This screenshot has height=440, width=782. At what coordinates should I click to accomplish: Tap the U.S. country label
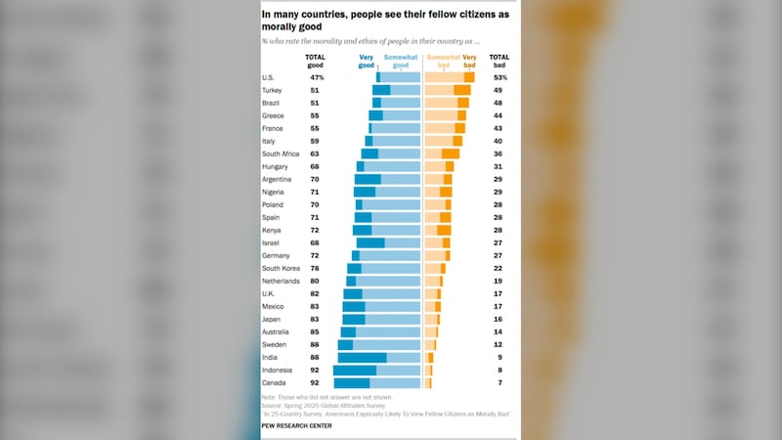[x=269, y=77]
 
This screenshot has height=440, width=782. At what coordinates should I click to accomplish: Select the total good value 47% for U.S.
[x=317, y=77]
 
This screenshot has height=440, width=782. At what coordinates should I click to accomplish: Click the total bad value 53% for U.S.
[x=499, y=77]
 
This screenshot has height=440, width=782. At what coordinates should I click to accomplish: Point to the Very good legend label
[x=368, y=62]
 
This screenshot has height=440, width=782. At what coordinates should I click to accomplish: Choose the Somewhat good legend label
[x=403, y=62]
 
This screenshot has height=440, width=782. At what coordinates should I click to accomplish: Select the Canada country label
[x=275, y=383]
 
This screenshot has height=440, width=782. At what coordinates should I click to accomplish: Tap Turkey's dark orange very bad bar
[x=462, y=90]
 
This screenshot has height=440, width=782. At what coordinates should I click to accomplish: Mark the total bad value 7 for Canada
[x=499, y=383]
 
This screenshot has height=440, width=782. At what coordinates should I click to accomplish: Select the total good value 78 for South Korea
[x=315, y=268]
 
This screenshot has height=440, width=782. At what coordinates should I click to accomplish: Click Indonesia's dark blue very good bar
[x=355, y=371]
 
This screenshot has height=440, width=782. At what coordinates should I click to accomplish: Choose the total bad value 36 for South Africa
[x=499, y=154]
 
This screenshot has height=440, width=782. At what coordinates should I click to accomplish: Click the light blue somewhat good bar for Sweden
[x=386, y=345]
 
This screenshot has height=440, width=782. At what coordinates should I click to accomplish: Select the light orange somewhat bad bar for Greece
[x=441, y=115]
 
